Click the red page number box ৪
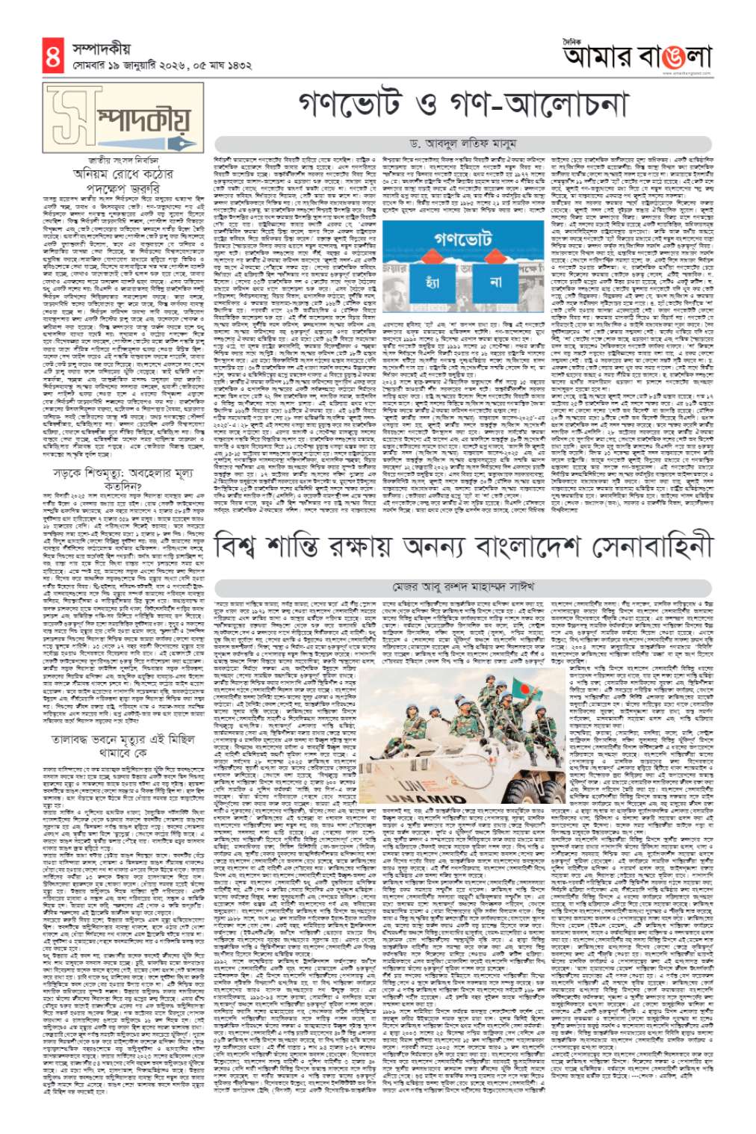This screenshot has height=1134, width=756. [x=52, y=57]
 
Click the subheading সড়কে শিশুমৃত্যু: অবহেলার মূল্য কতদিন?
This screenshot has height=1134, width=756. [x=124, y=479]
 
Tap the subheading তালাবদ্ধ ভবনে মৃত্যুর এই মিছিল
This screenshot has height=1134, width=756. [x=123, y=739]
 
